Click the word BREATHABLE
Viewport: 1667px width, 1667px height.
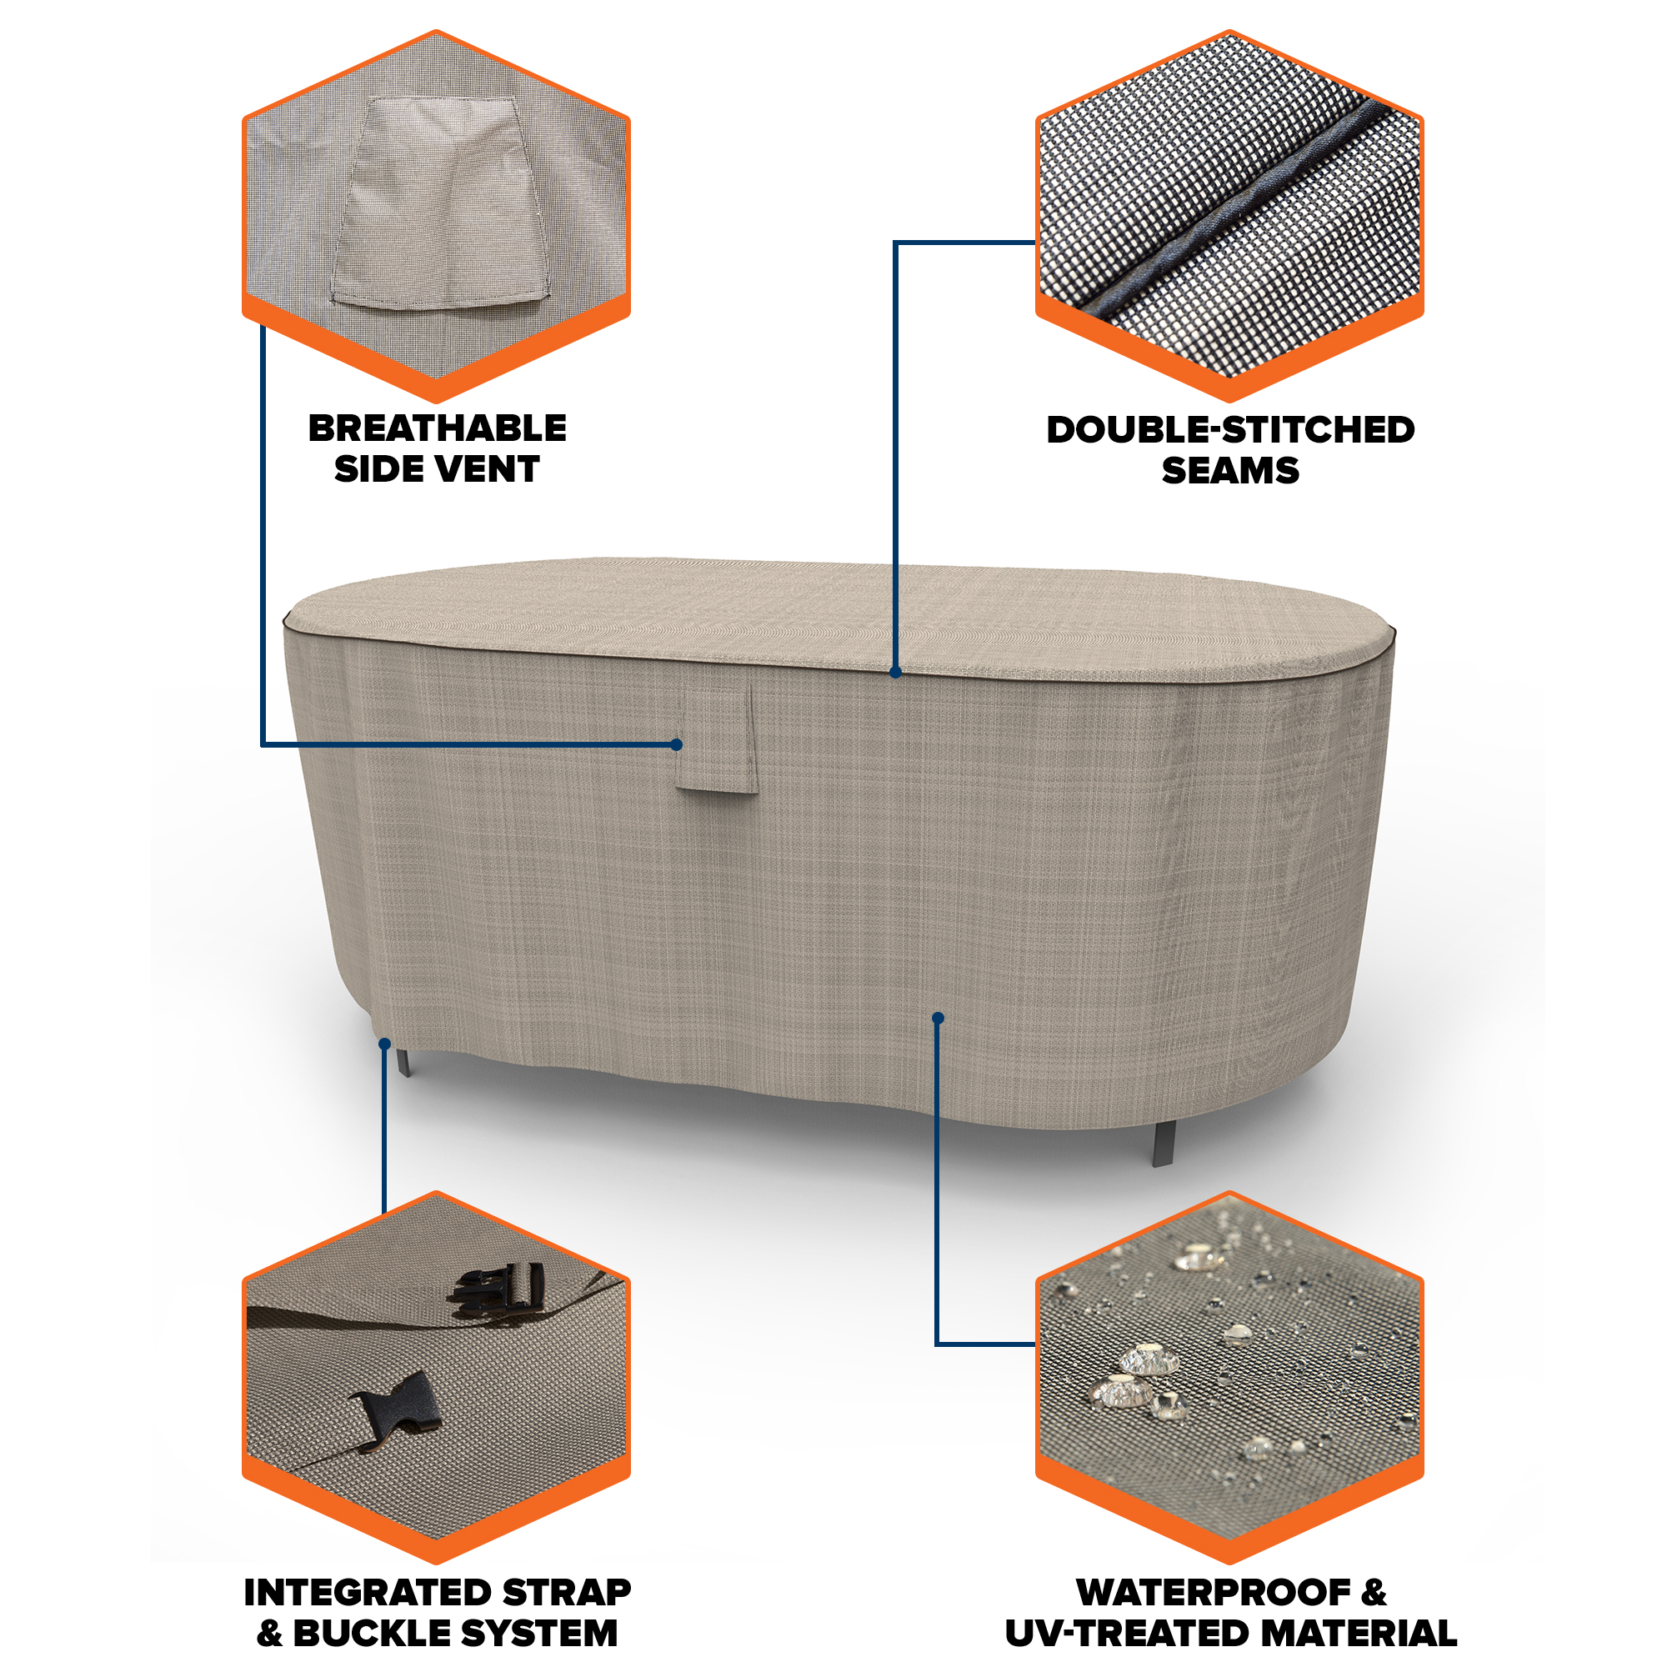438,428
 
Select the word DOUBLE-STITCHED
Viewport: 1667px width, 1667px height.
1230,430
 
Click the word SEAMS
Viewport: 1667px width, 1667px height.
1230,470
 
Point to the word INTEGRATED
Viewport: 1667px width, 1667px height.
368,1593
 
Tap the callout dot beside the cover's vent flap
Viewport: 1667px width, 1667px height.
677,744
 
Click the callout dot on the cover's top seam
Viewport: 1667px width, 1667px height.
896,672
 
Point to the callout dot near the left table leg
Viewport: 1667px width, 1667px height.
385,1044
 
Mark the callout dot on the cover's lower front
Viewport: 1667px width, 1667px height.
938,1019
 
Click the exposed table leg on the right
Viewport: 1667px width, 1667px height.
1162,1144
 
